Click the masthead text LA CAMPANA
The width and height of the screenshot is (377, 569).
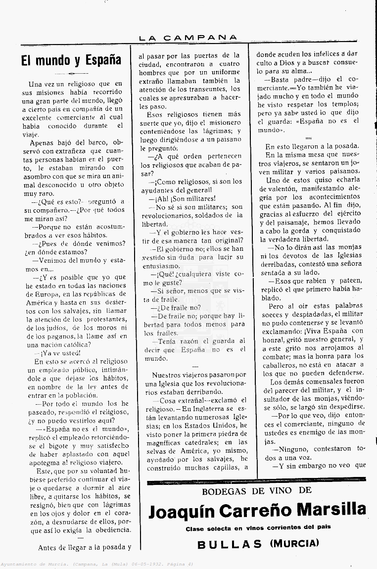point(188,37)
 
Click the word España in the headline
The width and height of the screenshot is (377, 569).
point(103,61)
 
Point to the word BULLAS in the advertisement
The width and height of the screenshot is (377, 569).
point(230,544)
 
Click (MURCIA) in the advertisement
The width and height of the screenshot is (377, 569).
point(294,543)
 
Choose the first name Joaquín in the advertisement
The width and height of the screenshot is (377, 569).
point(181,510)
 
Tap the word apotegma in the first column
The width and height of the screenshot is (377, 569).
point(44,462)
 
